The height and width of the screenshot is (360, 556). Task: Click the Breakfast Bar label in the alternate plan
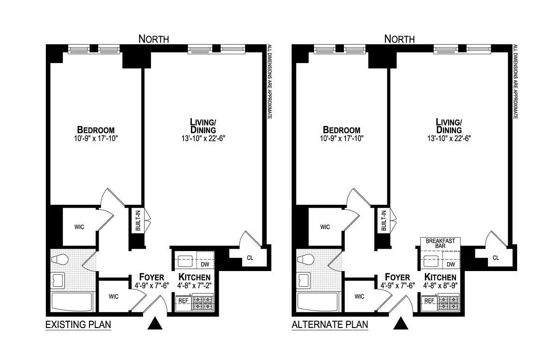(440, 243)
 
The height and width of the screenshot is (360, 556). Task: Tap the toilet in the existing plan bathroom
(60, 259)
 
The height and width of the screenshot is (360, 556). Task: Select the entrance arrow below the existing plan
(155, 323)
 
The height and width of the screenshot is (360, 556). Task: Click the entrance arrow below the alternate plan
(401, 323)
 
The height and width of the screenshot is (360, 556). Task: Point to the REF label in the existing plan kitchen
(183, 301)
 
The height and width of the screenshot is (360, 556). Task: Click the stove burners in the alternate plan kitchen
(449, 302)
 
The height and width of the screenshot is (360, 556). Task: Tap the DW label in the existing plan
(205, 265)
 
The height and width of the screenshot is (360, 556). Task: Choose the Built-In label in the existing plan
(138, 221)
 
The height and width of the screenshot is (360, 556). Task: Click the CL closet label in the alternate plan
(496, 258)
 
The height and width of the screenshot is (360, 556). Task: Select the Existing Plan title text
(78, 324)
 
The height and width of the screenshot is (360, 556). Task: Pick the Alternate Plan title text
(330, 324)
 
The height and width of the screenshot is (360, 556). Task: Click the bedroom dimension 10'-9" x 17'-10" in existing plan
(96, 138)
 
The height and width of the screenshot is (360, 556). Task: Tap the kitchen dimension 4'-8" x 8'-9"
(440, 285)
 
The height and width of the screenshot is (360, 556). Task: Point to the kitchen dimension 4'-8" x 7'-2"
(194, 285)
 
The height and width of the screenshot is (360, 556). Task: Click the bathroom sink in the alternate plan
(304, 280)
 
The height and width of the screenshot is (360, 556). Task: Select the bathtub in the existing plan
(72, 302)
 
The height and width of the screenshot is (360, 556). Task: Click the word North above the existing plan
(154, 39)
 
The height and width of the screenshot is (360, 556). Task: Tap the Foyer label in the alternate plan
(398, 277)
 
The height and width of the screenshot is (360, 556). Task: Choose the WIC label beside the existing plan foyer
(114, 297)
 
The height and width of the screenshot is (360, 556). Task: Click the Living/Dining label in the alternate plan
(449, 126)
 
